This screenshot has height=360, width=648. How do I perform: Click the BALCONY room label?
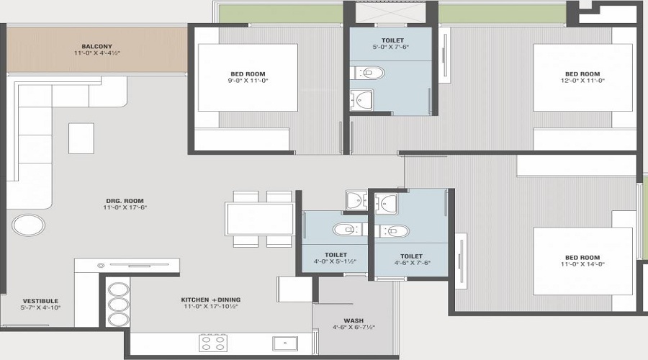(x=96, y=47)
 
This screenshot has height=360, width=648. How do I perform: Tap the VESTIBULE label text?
(x=40, y=301)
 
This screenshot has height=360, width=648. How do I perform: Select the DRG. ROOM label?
(x=125, y=201)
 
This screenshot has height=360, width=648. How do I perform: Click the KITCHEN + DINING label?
(x=211, y=300)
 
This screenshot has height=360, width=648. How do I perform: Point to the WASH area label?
(x=354, y=320)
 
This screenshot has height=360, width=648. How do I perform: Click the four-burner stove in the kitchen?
(x=213, y=343)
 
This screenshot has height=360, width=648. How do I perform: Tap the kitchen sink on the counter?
(x=284, y=343)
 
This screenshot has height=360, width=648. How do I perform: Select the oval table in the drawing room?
(x=29, y=225)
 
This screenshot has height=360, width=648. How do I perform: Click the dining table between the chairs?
(x=260, y=219)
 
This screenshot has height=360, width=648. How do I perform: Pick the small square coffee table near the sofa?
(x=81, y=138)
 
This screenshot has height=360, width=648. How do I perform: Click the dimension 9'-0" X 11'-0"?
(x=248, y=81)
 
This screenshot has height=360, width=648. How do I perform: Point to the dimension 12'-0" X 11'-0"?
(x=582, y=81)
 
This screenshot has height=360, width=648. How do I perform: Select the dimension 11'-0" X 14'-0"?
(x=582, y=264)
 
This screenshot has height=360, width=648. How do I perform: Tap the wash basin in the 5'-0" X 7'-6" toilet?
(x=362, y=99)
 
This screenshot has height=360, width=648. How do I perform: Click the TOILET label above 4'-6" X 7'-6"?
(x=411, y=256)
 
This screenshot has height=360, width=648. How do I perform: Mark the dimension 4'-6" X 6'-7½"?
(x=354, y=327)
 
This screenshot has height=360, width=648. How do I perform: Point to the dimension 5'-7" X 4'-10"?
(x=40, y=307)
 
